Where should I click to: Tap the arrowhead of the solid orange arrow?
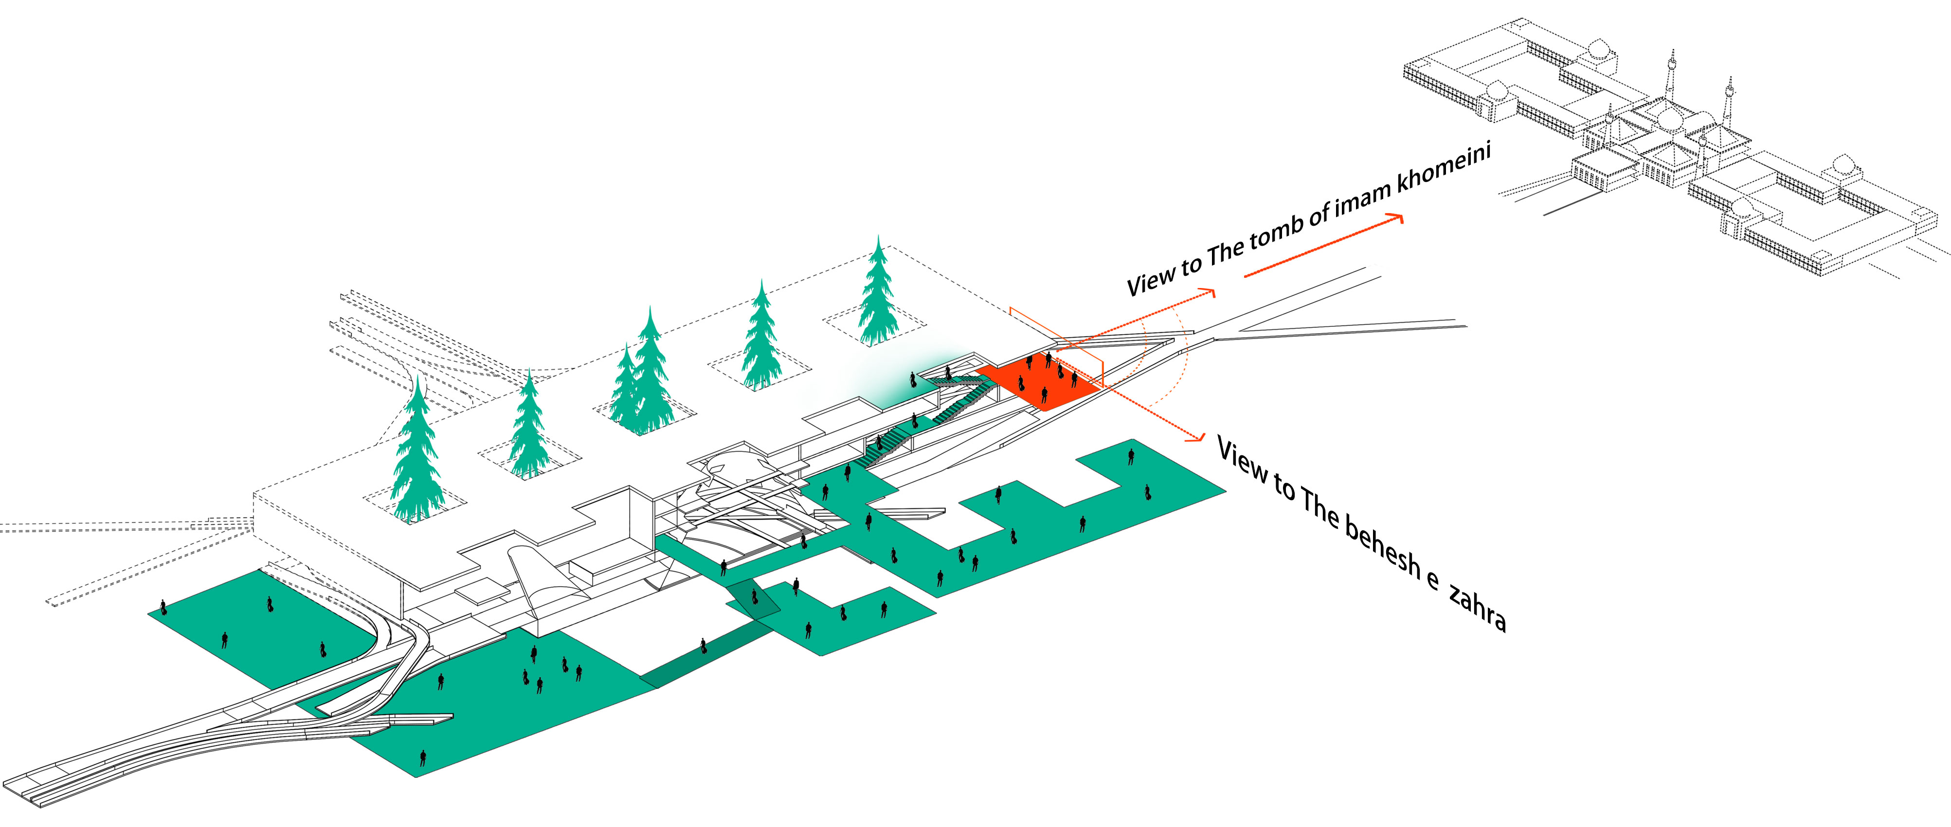1396,218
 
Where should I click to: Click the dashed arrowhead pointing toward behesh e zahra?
1197,437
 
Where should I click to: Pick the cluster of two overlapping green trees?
642,378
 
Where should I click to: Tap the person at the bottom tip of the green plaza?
423,757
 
